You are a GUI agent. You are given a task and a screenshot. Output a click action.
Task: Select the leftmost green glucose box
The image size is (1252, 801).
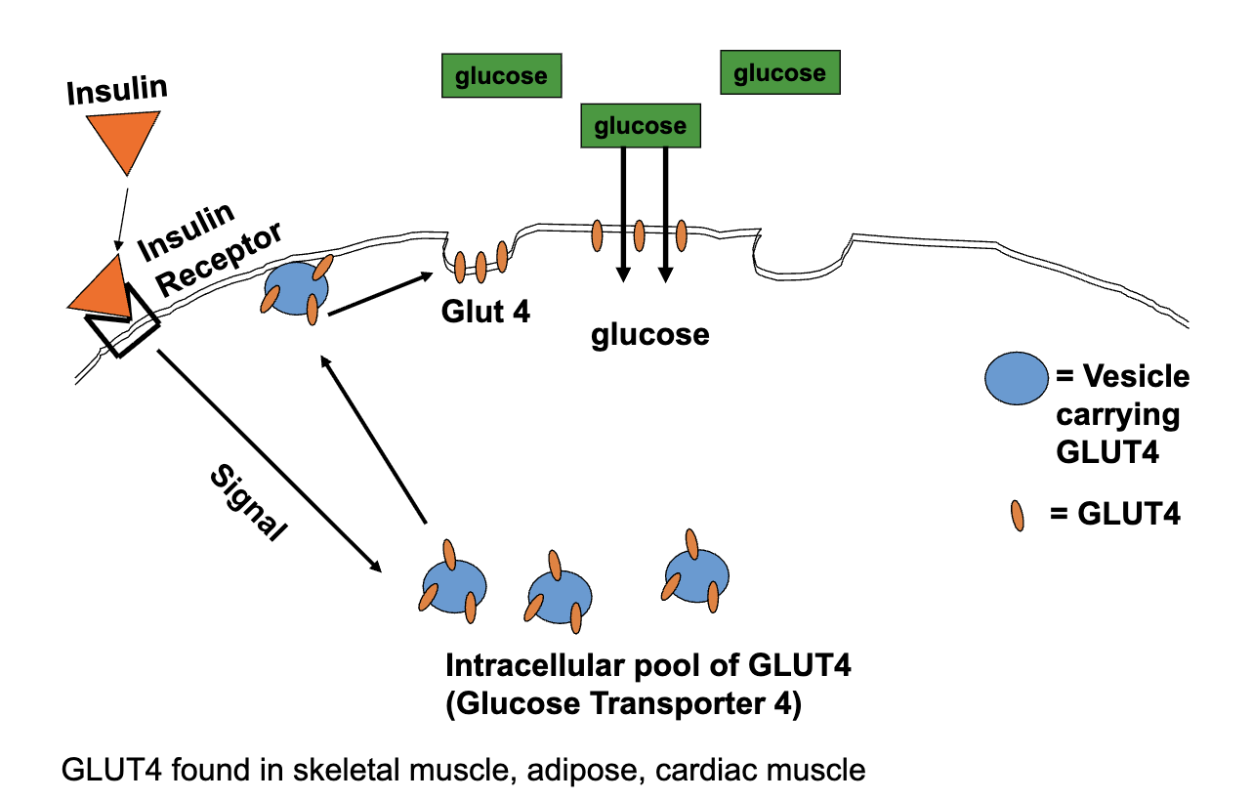pyautogui.click(x=501, y=75)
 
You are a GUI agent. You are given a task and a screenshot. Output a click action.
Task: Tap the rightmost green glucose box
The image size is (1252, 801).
pyautogui.click(x=779, y=73)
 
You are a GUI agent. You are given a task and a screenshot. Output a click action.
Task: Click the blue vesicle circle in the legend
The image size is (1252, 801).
pyautogui.click(x=1014, y=379)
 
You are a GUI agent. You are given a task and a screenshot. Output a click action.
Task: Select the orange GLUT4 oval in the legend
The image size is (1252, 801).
pyautogui.click(x=1019, y=515)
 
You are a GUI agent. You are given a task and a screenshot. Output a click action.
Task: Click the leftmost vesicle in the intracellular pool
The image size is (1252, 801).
pyautogui.click(x=449, y=585)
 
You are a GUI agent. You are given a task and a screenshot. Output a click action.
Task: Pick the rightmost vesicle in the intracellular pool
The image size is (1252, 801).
pyautogui.click(x=694, y=576)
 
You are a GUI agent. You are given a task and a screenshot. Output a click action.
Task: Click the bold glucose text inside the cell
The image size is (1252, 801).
pyautogui.click(x=649, y=335)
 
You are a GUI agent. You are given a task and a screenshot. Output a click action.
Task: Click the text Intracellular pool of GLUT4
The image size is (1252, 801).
pyautogui.click(x=648, y=667)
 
